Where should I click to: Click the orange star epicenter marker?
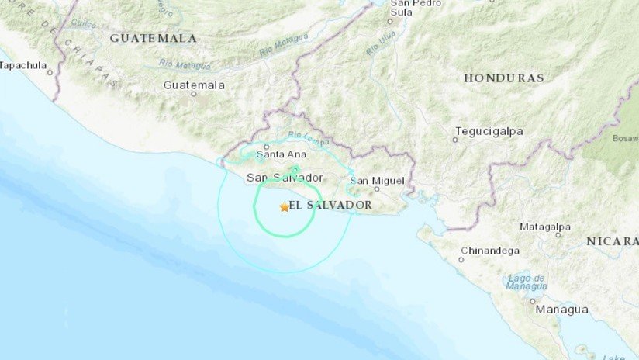[284, 207]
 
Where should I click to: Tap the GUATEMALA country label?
[153, 38]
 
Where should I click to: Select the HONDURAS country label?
[503, 78]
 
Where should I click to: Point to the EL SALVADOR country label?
[330, 205]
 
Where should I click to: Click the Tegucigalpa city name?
[489, 131]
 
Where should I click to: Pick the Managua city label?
[561, 310]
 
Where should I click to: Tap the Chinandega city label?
[490, 250]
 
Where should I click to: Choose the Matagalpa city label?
[544, 227]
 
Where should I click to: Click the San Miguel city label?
[378, 181]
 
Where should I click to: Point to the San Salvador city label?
[285, 178]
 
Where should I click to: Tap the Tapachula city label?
[24, 65]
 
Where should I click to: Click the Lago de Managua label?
[527, 282]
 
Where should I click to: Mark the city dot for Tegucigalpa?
[455, 140]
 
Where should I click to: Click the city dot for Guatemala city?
[194, 93]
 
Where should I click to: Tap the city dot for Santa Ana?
[266, 146]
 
